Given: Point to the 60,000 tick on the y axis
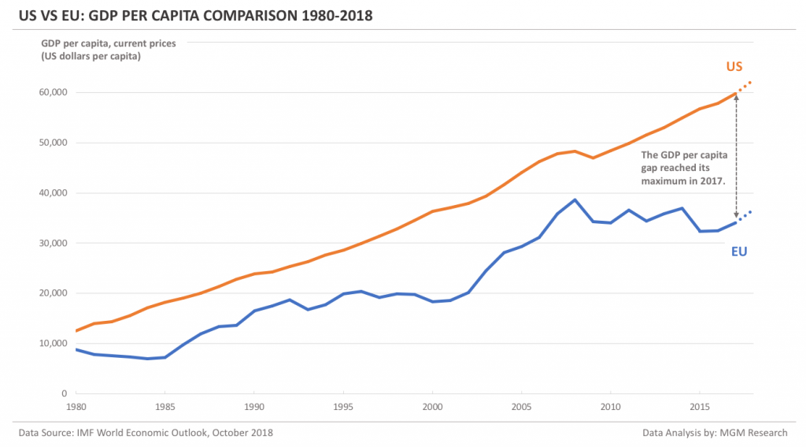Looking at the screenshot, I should [52, 92].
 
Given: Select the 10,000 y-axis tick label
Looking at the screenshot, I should [52, 343].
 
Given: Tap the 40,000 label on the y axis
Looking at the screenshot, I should [52, 192].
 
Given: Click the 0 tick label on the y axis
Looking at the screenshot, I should [64, 393].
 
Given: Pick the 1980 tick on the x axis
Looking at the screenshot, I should [76, 407].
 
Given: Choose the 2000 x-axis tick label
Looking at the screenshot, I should [432, 407].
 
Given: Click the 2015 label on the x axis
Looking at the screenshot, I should [700, 407].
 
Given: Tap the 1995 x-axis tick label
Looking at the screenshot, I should [343, 407].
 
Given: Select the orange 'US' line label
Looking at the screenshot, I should [734, 66].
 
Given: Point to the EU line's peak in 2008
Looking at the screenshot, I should [575, 199].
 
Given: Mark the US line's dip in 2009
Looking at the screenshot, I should [593, 158].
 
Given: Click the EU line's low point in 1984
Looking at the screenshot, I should [147, 359].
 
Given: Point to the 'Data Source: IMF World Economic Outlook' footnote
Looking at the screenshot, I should [146, 433].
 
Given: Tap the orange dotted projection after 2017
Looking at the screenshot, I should [745, 86].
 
